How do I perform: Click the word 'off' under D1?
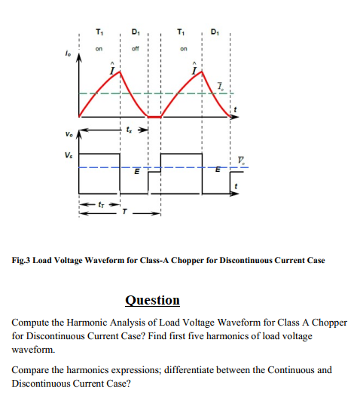(136, 51)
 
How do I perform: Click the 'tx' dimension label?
(136, 130)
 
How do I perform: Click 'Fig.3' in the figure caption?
(23, 260)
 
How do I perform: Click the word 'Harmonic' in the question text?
(84, 322)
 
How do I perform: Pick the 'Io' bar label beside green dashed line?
(219, 89)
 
